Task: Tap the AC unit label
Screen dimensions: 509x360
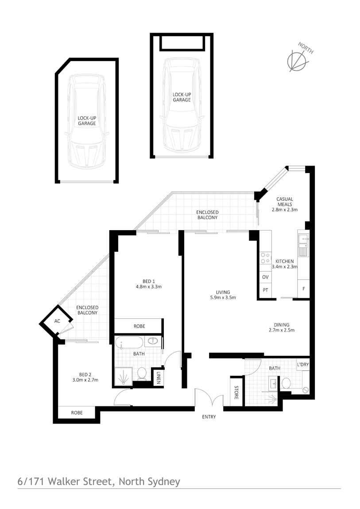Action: tap(57, 322)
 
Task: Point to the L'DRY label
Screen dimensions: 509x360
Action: tap(303, 364)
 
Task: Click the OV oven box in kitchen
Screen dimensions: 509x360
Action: tap(265, 277)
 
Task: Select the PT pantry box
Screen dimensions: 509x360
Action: tap(265, 291)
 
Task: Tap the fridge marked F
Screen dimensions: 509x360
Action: tap(303, 288)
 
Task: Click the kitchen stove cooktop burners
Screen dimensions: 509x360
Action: tap(265, 258)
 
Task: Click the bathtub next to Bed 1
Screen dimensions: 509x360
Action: tap(130, 342)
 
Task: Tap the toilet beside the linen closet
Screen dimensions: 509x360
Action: tap(142, 374)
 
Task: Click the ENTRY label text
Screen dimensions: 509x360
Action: tap(209, 417)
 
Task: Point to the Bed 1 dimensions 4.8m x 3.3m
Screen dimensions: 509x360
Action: tap(149, 287)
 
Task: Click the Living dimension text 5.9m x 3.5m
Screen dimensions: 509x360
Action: tap(223, 298)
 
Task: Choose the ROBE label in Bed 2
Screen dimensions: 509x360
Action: tap(77, 413)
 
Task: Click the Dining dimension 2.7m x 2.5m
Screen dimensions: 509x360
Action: tap(282, 330)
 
